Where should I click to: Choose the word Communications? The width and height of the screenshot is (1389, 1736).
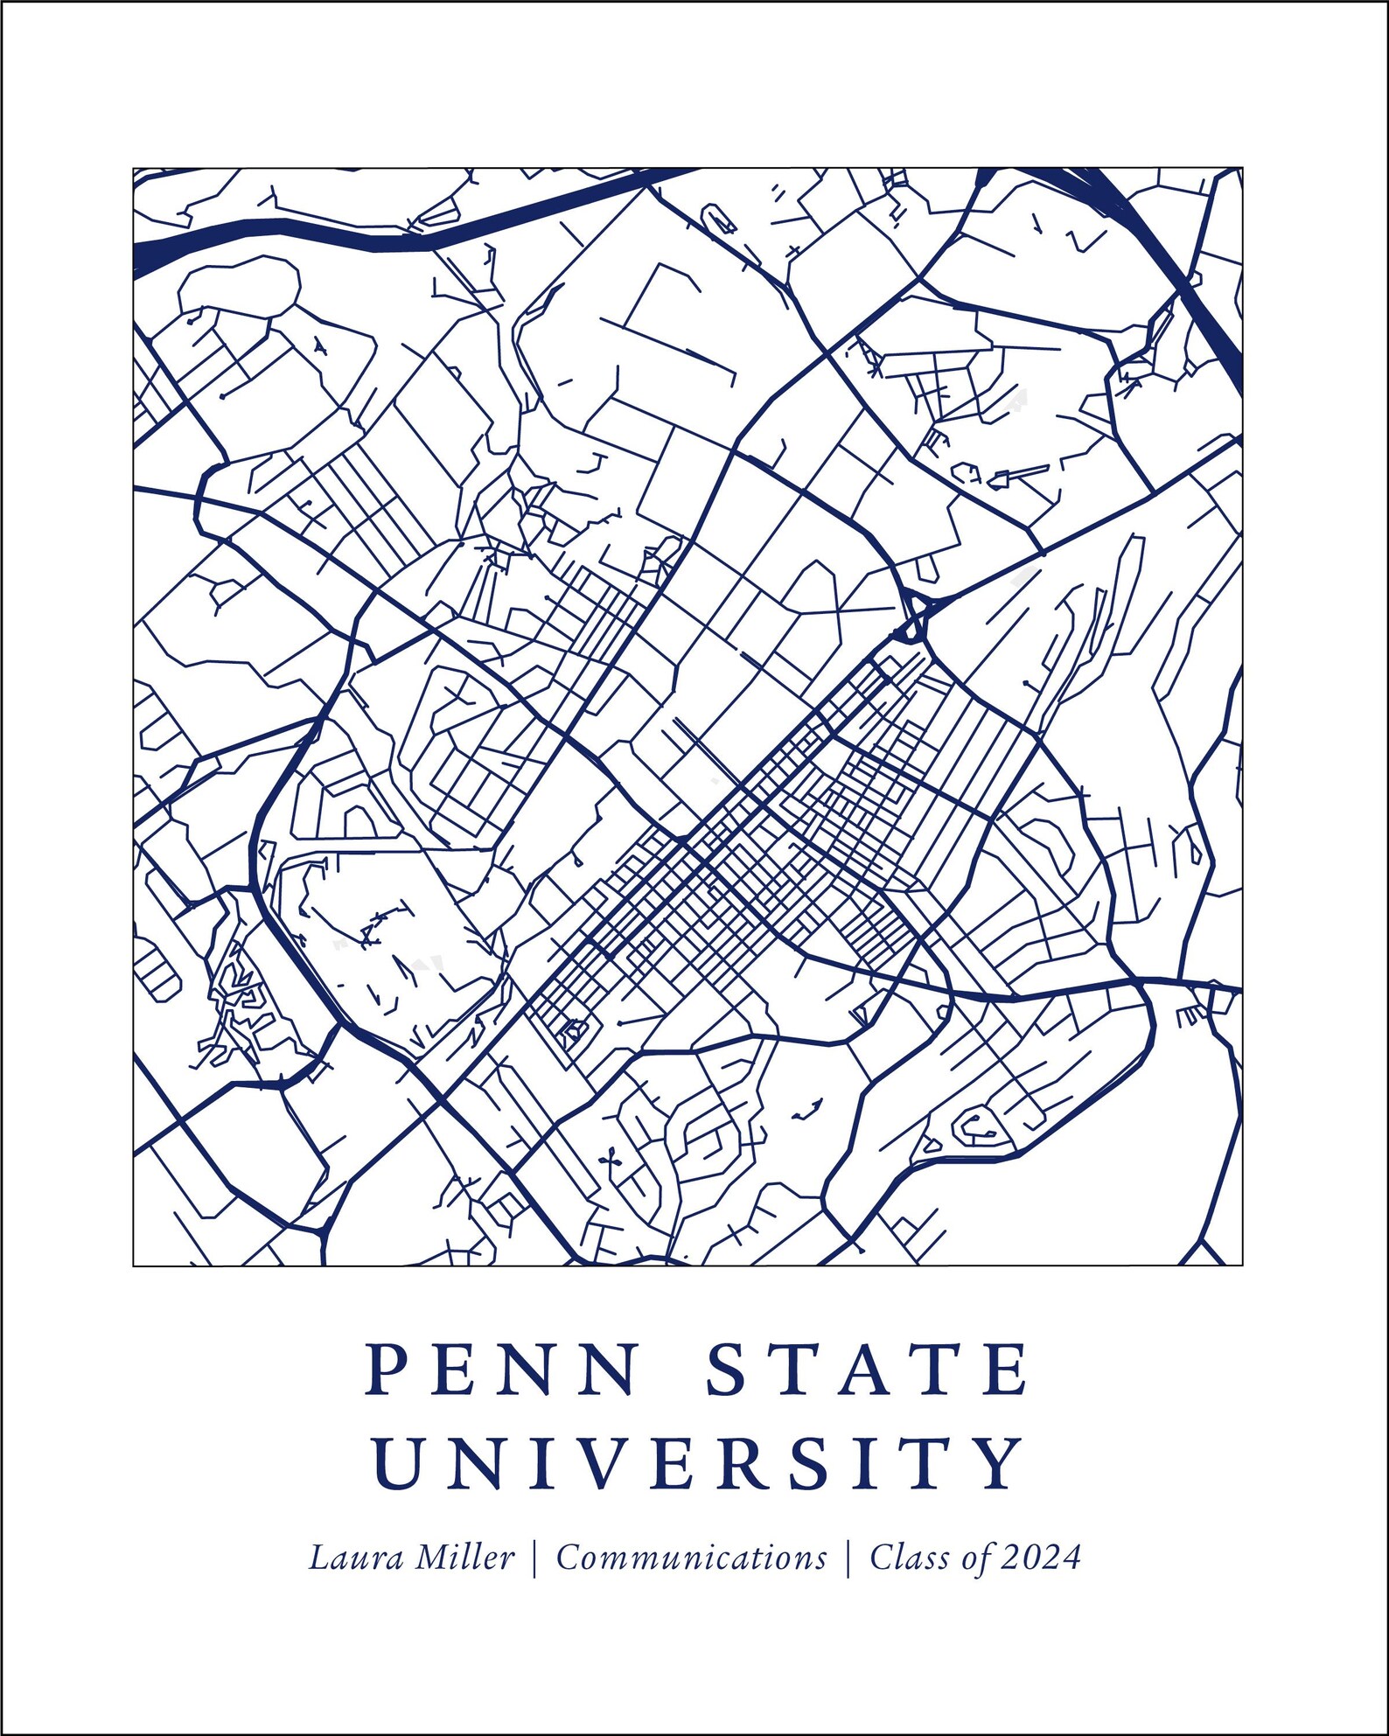tap(691, 1558)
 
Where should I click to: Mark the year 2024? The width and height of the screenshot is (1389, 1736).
tap(1042, 1558)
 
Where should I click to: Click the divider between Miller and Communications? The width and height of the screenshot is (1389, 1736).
tap(534, 1558)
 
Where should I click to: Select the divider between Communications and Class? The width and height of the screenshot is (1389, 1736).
tap(848, 1558)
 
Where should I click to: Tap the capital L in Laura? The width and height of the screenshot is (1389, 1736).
tap(318, 1558)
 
